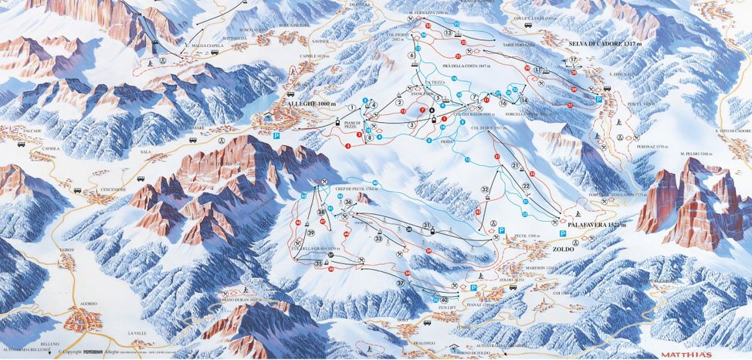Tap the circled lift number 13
click(x=449, y=33)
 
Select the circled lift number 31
click(x=426, y=225)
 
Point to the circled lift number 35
click(x=318, y=263)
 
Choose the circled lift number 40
click(x=444, y=300)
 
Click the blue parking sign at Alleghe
click(x=276, y=134)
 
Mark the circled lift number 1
click(x=352, y=107)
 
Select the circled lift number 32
click(x=485, y=188)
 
